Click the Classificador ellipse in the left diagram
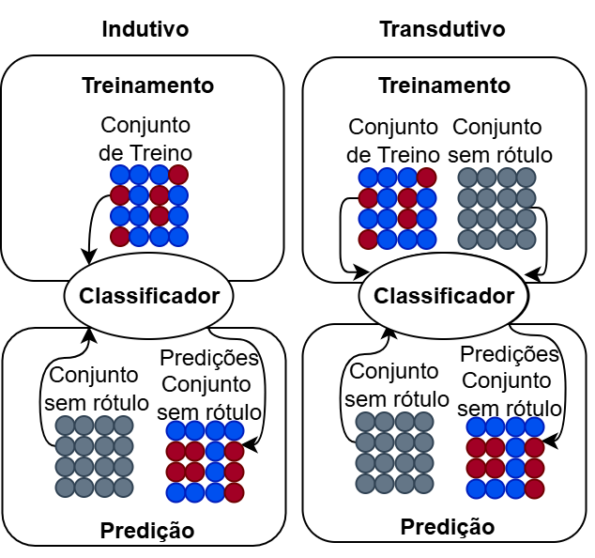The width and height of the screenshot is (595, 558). click(x=149, y=297)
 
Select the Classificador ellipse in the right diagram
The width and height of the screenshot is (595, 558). click(x=445, y=297)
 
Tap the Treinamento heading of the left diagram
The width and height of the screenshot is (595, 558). click(x=148, y=85)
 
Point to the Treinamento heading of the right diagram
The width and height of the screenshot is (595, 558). click(x=444, y=85)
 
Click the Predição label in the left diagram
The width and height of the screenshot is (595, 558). click(x=146, y=531)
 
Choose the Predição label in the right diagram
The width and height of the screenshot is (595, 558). click(x=448, y=527)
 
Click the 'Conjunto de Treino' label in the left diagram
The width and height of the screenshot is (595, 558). click(x=145, y=138)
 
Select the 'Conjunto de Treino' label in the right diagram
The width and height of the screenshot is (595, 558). click(x=393, y=140)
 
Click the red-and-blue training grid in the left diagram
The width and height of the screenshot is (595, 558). click(x=149, y=206)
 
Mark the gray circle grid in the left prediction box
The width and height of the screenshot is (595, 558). click(x=95, y=457)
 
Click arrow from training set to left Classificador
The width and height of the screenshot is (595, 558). click(x=93, y=225)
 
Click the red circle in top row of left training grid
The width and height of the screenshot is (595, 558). click(x=178, y=175)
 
